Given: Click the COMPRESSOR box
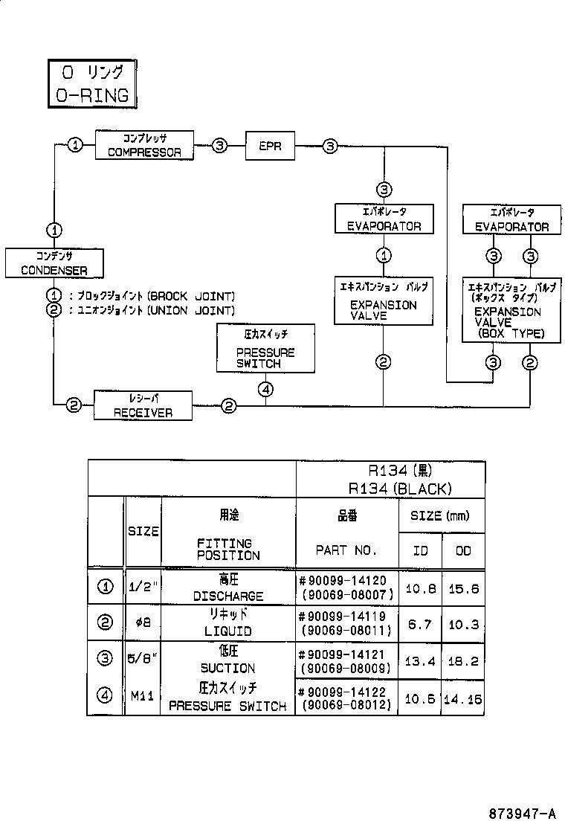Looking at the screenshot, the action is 144,145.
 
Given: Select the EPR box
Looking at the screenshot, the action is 270,146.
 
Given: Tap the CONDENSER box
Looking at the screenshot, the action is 54,263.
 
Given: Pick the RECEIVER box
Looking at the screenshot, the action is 143,405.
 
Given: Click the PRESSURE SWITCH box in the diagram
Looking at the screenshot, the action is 265,349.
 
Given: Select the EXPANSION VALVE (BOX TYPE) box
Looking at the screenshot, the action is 511,310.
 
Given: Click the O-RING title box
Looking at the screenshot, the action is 92,84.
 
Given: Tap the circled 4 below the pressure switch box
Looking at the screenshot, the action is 265,389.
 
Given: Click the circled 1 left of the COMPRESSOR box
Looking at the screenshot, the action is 75,144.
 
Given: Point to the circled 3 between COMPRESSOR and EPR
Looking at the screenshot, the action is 220,145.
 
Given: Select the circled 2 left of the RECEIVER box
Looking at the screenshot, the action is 74,405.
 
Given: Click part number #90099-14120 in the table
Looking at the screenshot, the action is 343,581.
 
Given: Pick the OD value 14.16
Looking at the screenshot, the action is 462,699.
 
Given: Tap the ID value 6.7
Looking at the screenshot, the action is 420,625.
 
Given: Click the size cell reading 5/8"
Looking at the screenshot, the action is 143,659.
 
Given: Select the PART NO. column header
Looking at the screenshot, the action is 346,550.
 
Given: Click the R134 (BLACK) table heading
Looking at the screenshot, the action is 400,489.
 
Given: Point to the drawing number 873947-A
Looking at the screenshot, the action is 522,814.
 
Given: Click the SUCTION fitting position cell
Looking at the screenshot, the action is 227,669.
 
